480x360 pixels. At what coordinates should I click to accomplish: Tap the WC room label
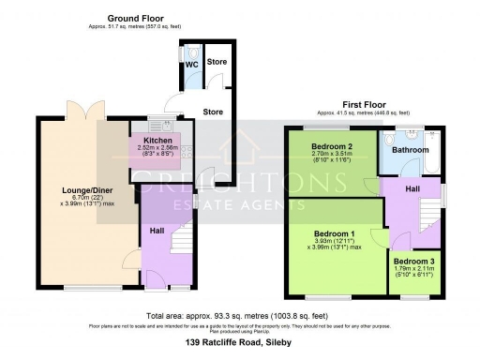coord(190,65)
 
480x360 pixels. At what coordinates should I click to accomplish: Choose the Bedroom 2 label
coord(332,146)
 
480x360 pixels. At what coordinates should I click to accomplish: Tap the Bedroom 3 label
coord(412,261)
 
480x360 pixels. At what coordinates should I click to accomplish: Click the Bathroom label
coord(410,150)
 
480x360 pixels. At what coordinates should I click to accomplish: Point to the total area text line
coord(240,316)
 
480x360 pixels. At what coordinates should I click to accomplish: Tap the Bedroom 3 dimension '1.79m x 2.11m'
coord(412,269)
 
